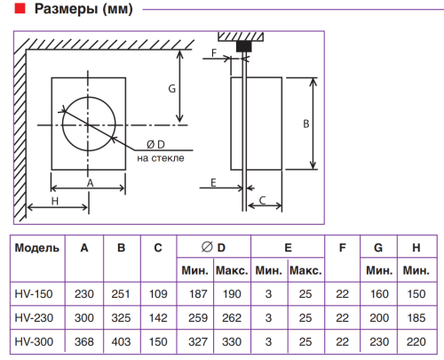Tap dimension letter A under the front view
click(x=89, y=180)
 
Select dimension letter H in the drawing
click(x=54, y=202)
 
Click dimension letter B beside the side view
click(x=305, y=124)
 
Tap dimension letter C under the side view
click(x=262, y=202)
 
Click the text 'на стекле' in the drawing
click(x=160, y=158)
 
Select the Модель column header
click(x=37, y=247)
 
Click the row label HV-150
click(x=34, y=293)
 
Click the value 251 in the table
click(x=121, y=293)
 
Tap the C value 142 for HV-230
click(x=157, y=316)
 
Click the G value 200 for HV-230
click(x=378, y=316)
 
